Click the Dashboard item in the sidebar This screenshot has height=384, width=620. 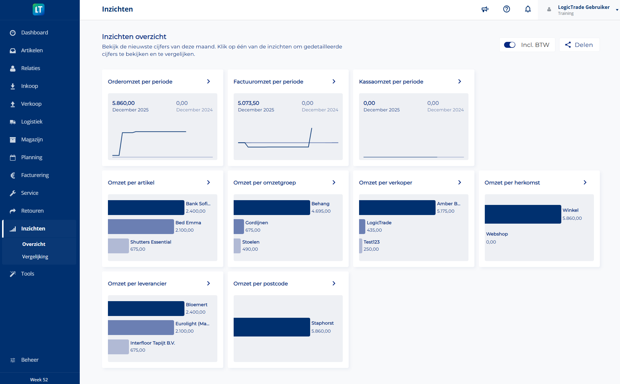click(x=34, y=33)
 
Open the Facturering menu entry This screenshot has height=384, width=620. click(x=35, y=175)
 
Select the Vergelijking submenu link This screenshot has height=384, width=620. click(x=35, y=257)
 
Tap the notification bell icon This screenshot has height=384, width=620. click(x=528, y=9)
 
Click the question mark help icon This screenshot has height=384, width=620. click(x=506, y=9)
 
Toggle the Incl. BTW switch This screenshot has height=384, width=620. click(x=510, y=45)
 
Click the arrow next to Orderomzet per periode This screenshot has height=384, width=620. click(x=208, y=81)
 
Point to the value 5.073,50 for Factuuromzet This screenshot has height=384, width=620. click(x=248, y=103)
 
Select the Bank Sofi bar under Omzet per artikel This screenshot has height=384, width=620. click(x=146, y=208)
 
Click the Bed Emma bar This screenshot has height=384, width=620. click(x=141, y=227)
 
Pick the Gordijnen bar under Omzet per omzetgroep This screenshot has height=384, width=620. click(x=238, y=227)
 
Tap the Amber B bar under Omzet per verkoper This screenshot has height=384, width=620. click(x=397, y=208)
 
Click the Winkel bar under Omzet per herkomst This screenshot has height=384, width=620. click(x=523, y=214)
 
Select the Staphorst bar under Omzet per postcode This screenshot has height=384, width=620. click(x=272, y=327)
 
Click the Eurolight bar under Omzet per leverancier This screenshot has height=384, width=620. click(x=141, y=328)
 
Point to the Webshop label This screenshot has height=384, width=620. click(x=497, y=234)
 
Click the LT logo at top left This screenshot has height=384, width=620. click(x=39, y=10)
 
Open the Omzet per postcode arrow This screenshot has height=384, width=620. click(x=334, y=283)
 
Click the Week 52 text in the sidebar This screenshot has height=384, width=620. click(x=39, y=380)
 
